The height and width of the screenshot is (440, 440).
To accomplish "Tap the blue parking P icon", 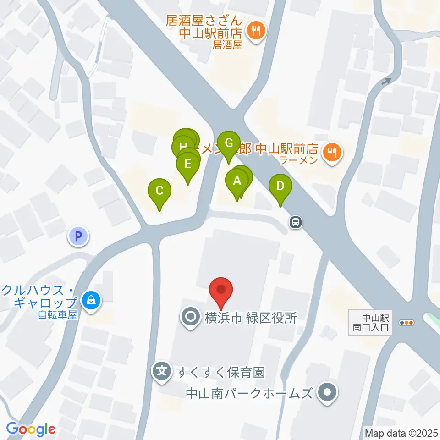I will [x=78, y=236].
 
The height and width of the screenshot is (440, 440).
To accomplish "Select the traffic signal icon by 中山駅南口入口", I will [x=407, y=323].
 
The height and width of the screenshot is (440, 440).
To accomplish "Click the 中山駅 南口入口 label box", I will [x=370, y=322].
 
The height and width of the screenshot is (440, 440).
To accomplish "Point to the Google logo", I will [x=31, y=429].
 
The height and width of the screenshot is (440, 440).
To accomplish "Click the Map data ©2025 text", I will [x=401, y=433].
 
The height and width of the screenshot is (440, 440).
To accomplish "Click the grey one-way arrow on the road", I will [x=386, y=82].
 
